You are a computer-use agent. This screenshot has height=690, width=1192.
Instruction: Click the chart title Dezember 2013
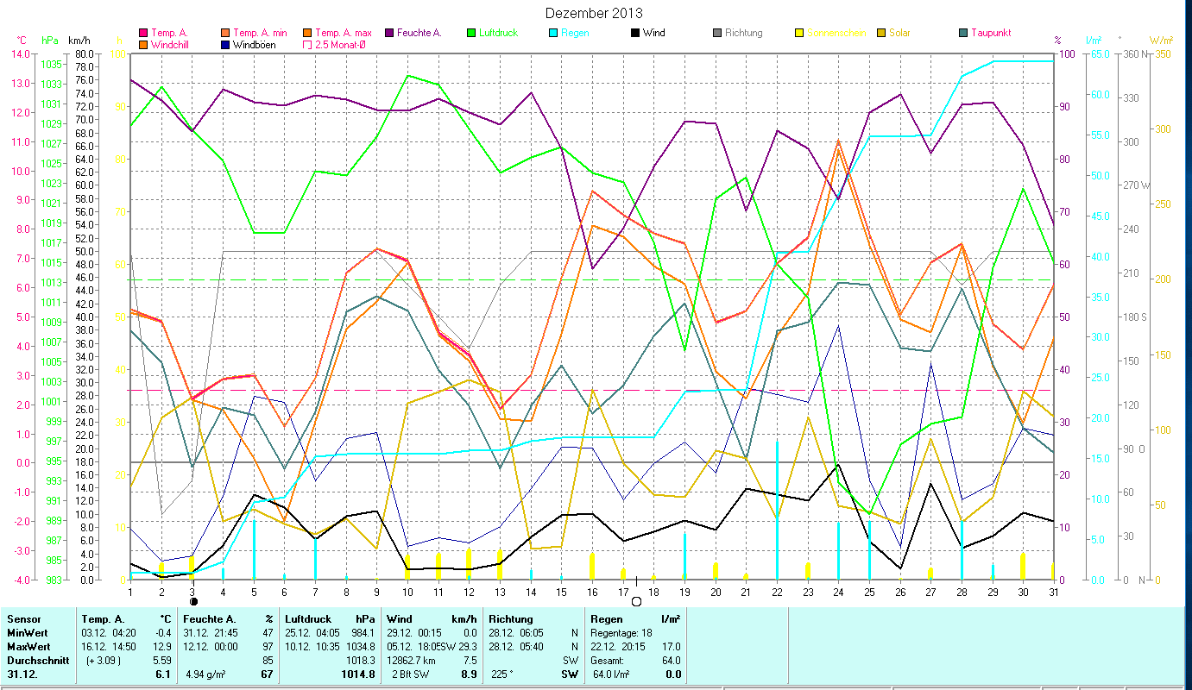coord(595,13)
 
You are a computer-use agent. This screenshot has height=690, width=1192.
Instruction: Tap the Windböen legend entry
coord(255,45)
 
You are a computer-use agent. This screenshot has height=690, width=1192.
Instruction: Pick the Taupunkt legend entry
coord(990,33)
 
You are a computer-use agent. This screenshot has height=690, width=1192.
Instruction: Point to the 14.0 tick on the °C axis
coord(19,54)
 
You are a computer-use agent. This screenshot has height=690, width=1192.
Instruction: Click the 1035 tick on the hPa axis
coord(51,65)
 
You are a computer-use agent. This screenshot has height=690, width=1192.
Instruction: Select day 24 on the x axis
coord(838,591)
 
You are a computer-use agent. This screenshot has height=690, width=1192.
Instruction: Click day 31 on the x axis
coord(1052,591)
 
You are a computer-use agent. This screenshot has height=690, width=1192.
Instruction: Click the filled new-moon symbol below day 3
coord(193,601)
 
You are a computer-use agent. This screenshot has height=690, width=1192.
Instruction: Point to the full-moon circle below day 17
coord(636,601)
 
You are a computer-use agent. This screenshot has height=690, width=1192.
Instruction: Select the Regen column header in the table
coord(608,619)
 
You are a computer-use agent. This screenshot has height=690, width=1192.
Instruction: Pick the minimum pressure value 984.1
coord(361,633)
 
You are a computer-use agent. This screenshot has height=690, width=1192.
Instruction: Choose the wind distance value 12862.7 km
coord(415,661)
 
